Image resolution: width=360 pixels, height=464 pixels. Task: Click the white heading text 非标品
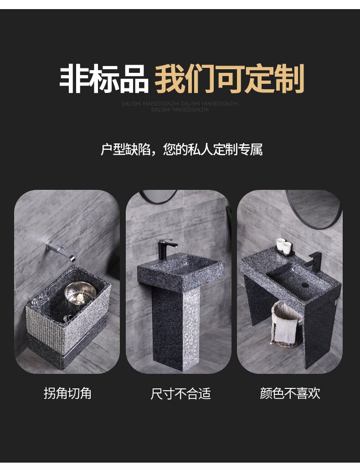(103, 79)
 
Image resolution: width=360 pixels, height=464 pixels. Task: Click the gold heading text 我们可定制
(229, 79)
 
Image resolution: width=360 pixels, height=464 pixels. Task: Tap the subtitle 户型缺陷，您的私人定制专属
(181, 149)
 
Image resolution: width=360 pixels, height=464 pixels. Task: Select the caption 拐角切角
(67, 393)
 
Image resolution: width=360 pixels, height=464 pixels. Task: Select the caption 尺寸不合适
(180, 393)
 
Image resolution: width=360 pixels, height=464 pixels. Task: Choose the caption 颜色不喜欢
(290, 393)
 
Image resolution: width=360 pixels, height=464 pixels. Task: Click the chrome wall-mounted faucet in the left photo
(61, 250)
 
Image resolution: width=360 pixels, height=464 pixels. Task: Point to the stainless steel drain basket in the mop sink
(80, 295)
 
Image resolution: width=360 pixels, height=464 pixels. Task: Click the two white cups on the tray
(284, 246)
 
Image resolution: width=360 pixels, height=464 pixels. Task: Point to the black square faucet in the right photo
(314, 262)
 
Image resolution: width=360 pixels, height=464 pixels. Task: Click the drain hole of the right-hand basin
(305, 285)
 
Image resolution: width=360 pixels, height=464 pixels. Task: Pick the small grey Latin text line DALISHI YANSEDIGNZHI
(180, 109)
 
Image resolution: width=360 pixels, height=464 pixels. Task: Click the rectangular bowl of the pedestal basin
(180, 272)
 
